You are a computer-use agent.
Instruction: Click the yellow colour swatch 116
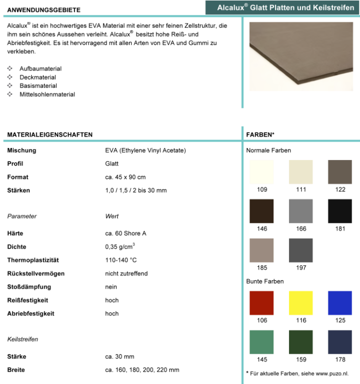(x=301, y=303)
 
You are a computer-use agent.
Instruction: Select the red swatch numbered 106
(x=262, y=303)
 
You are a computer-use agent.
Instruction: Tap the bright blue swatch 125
(x=340, y=303)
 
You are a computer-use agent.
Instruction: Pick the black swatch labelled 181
(x=340, y=211)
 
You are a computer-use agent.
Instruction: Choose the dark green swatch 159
(x=301, y=342)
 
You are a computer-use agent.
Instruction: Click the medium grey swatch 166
(x=301, y=211)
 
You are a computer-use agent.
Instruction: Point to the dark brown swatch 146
(x=262, y=211)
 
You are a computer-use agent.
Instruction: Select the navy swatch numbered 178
(x=340, y=342)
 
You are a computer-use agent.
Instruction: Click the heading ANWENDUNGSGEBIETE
(x=44, y=10)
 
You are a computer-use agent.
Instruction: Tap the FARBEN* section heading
(x=260, y=135)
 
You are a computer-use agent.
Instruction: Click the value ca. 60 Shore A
(x=126, y=233)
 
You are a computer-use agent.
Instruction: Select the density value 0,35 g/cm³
(x=120, y=246)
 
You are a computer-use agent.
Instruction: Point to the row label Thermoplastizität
(x=33, y=260)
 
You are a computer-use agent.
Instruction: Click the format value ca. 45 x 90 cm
(x=125, y=177)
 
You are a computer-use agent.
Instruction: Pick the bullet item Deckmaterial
(x=38, y=77)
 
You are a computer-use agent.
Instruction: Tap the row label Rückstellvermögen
(x=36, y=273)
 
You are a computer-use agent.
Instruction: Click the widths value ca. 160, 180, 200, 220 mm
(x=142, y=370)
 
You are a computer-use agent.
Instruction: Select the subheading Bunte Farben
(x=265, y=281)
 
